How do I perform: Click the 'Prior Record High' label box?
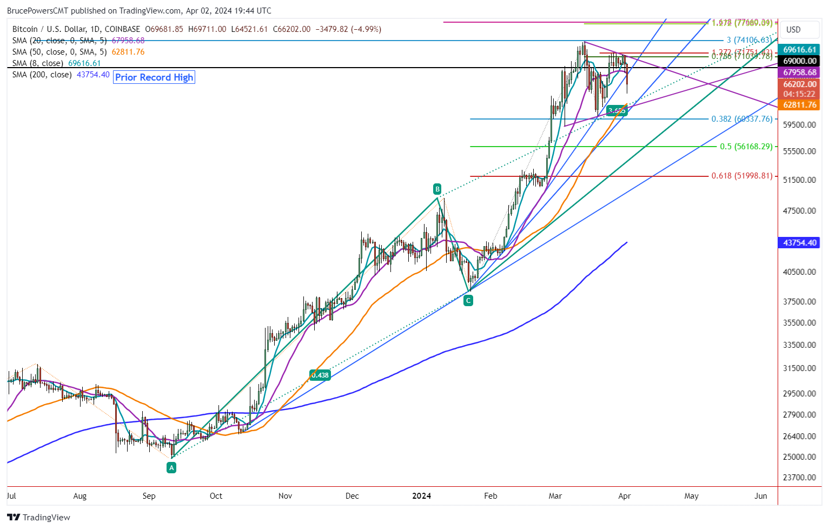154,77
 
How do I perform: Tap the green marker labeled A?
171,468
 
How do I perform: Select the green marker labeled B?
437,189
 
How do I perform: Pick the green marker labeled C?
468,301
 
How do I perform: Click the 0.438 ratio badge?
320,375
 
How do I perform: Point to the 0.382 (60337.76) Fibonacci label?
741,119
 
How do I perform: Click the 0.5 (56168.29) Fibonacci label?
746,147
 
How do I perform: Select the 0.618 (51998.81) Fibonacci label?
741,176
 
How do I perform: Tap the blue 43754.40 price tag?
799,243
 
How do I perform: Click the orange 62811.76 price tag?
799,105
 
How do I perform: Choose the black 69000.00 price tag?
799,61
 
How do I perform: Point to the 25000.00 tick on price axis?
799,457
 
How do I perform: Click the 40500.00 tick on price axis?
799,272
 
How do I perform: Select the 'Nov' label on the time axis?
285,496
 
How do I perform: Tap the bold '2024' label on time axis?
421,496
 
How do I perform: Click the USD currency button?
793,30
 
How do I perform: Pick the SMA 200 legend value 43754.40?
93,75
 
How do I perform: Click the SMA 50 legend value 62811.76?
128,52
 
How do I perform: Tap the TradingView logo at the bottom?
39,518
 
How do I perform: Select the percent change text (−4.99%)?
366,29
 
